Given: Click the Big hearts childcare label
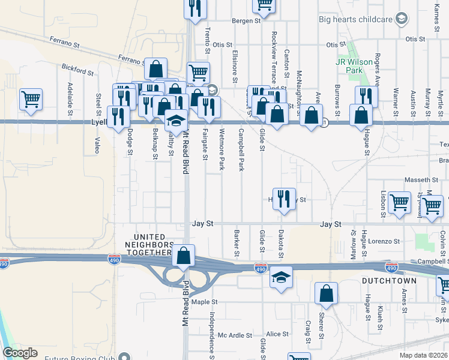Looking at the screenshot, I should [x=355, y=19].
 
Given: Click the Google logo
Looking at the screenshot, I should [x=20, y=353].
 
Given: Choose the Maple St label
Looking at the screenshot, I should [x=204, y=302].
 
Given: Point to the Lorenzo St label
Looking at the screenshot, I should [x=384, y=241].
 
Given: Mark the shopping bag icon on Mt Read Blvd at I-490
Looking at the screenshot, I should [x=183, y=255].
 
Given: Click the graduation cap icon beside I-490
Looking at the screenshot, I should [x=280, y=278].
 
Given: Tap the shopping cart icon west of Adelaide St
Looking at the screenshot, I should [x=31, y=99].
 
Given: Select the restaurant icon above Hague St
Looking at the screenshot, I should [x=366, y=96].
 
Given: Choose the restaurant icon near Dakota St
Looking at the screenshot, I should [x=285, y=199].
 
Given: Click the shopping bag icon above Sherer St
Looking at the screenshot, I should [x=326, y=293].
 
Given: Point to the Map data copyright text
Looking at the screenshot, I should [x=424, y=355].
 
